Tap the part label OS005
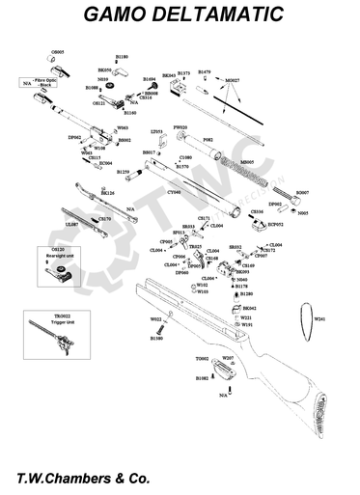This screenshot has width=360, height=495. coord(57,51)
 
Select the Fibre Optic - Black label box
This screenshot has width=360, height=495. coord(41,84)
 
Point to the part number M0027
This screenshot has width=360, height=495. coord(232,80)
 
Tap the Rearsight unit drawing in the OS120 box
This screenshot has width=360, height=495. coord(64,276)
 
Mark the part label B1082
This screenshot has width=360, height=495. coord(203,378)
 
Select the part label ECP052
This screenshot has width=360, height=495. coord(275,224)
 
